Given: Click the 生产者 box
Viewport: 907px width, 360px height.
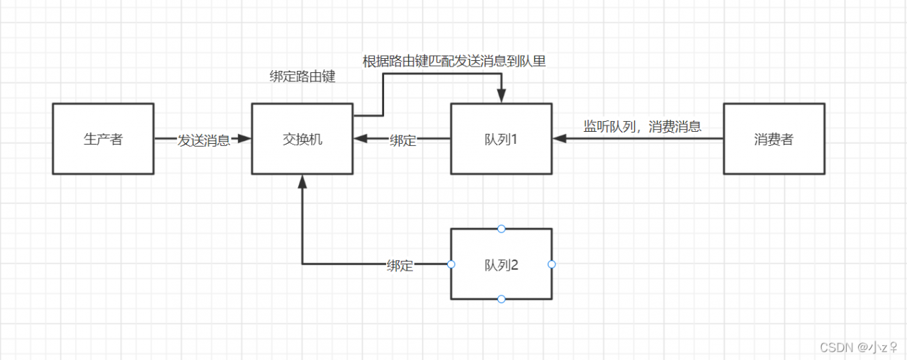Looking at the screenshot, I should click(103, 139).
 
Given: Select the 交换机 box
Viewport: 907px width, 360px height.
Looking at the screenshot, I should click(302, 139).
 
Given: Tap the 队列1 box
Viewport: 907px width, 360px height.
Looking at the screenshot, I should click(501, 139).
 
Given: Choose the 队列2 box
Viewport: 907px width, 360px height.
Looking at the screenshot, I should click(501, 264).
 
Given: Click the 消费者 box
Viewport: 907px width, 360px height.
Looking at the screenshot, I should click(773, 139).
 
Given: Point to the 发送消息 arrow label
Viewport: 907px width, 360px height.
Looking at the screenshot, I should click(203, 140).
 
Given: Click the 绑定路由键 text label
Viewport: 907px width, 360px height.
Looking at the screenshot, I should click(303, 77).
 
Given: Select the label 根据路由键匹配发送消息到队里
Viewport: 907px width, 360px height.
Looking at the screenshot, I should click(454, 61).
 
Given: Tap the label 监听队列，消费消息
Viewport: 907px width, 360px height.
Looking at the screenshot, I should click(642, 127).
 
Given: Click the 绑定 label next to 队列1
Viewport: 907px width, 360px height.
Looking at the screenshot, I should click(403, 140).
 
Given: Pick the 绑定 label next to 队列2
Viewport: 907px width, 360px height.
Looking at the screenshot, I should click(400, 265).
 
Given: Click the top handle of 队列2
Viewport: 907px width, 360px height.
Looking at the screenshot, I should click(501, 229).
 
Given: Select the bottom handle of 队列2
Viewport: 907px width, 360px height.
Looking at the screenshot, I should click(501, 299).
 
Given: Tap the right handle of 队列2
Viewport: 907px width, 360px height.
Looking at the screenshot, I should click(552, 264).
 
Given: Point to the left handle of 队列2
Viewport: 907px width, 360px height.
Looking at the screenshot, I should click(451, 264).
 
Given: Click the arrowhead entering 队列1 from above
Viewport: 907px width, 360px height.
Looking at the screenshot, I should click(502, 97).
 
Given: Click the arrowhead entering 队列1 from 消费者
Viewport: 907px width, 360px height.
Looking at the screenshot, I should click(559, 139).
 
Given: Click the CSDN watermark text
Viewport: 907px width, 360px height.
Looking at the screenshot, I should click(859, 347).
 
